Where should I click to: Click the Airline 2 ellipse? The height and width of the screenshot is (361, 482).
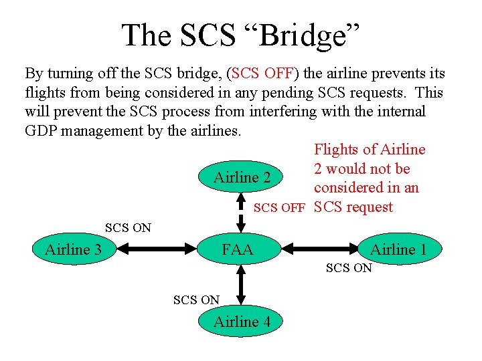(x=242, y=178)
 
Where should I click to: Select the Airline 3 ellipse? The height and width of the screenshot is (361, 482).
(x=73, y=250)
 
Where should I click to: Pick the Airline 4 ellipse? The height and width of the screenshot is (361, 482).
(x=242, y=322)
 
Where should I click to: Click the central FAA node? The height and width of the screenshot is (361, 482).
(x=238, y=250)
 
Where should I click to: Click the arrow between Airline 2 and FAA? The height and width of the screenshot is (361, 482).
(x=242, y=213)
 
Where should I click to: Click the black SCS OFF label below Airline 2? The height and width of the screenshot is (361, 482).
(x=279, y=208)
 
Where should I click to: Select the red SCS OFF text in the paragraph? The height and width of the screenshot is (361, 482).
(x=265, y=73)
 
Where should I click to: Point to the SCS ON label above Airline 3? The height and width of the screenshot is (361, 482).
(x=128, y=228)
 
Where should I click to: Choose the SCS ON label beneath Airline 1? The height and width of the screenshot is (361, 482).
(x=349, y=268)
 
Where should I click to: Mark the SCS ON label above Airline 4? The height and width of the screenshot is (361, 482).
(x=196, y=300)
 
